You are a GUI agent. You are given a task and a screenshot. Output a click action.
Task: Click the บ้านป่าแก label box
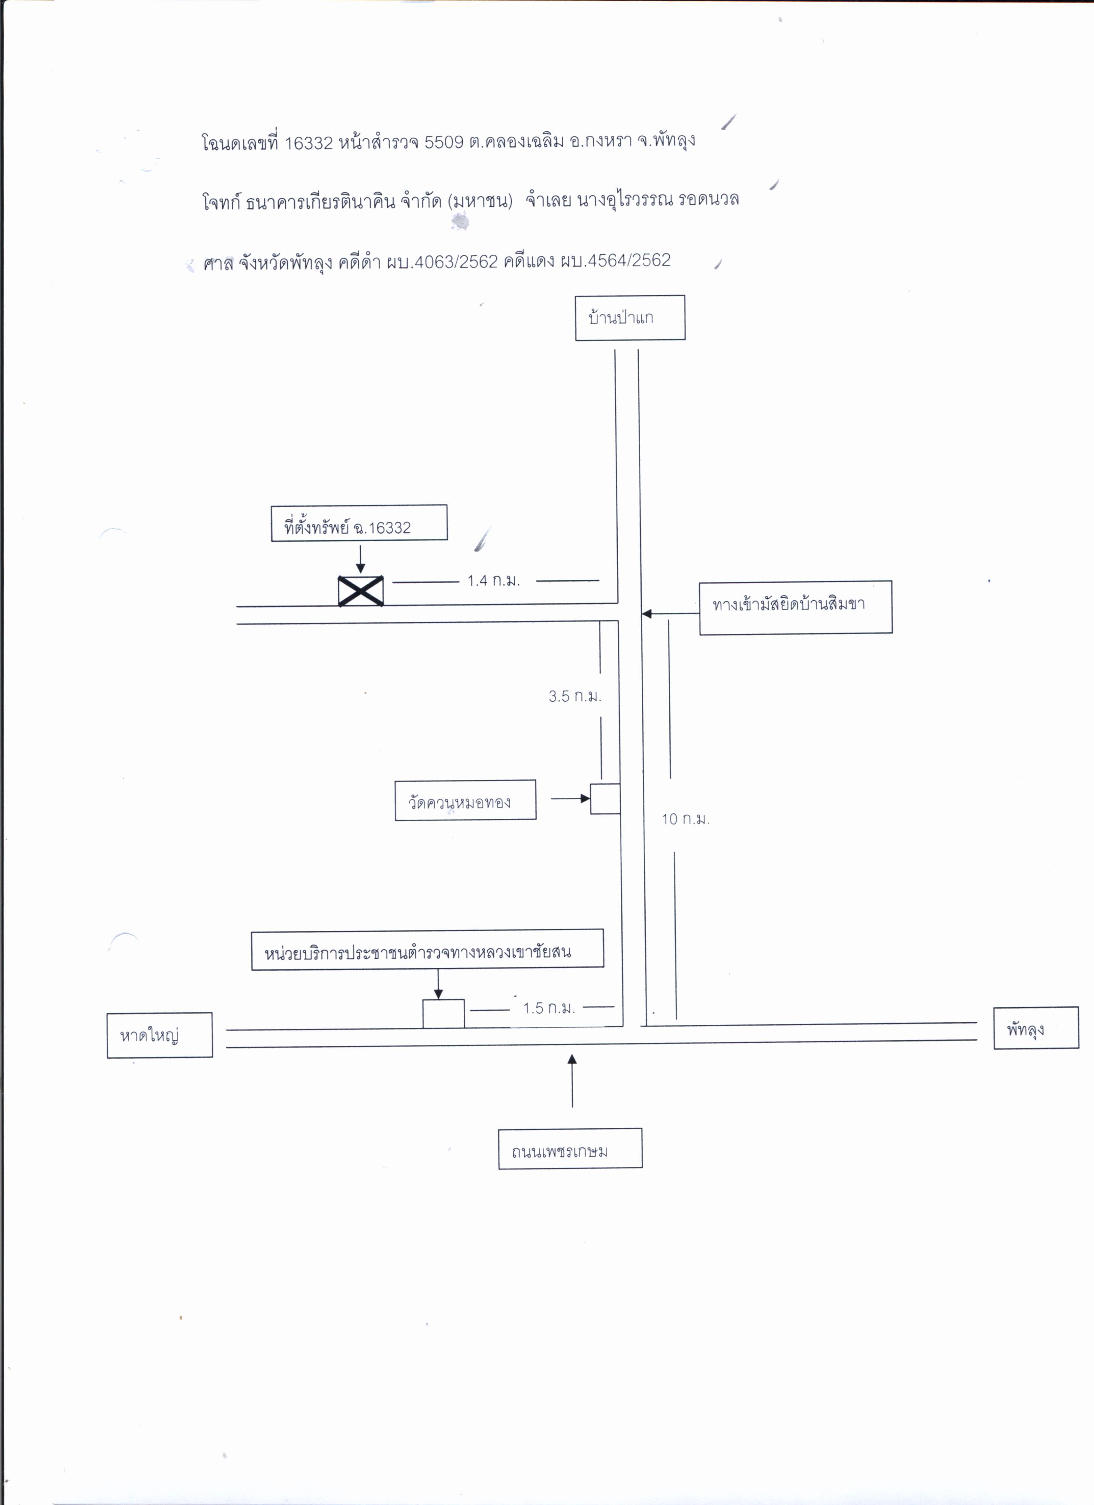[630, 318]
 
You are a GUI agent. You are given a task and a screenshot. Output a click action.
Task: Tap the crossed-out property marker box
[360, 590]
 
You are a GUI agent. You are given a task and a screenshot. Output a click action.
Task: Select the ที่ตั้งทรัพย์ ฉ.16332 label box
[359, 523]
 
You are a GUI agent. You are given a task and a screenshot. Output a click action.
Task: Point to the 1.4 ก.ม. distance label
[494, 581]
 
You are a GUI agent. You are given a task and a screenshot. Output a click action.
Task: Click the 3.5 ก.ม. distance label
[574, 696]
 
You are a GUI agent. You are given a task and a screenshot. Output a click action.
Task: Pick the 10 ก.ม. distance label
[685, 819]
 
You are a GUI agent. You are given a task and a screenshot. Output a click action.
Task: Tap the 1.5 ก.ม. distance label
[549, 1008]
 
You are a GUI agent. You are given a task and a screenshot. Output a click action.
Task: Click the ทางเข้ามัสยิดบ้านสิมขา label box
[795, 607]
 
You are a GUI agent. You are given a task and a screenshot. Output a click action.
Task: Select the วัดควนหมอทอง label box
[465, 800]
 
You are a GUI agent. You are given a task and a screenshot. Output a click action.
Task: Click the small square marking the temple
[605, 799]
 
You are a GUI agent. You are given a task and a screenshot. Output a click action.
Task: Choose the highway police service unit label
[427, 950]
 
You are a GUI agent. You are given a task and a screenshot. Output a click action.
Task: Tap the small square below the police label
[443, 1014]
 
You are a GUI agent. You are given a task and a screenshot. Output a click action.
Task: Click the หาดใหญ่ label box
[160, 1035]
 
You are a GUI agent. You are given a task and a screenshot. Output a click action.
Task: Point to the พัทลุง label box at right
[1036, 1028]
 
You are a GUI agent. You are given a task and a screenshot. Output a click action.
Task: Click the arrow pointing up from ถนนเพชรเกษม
[572, 1081]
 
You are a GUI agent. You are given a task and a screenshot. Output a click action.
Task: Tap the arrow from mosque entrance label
[671, 614]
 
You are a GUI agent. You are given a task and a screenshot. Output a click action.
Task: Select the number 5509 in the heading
[444, 142]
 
